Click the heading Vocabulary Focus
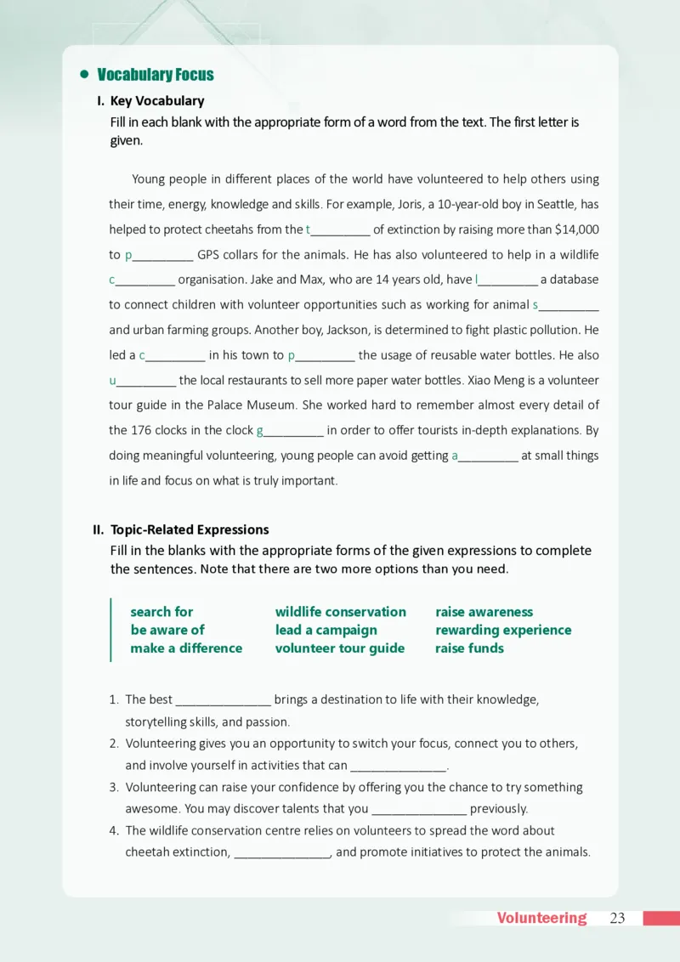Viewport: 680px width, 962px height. point(156,75)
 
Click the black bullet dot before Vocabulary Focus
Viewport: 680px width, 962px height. point(84,75)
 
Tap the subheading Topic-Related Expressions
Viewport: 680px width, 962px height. point(190,529)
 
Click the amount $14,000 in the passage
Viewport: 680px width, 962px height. point(576,229)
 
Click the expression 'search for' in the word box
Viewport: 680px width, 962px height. point(161,612)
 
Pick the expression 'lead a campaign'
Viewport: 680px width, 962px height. point(326,630)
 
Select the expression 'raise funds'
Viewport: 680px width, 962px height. point(469,648)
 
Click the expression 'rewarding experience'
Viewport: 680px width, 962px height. point(503,630)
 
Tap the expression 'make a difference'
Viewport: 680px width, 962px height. point(186,648)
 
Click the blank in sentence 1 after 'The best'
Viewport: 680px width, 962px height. point(223,701)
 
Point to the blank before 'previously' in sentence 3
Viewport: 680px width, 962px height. point(420,810)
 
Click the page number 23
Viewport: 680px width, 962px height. point(617,918)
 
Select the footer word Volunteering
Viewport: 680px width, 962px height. point(541,918)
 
